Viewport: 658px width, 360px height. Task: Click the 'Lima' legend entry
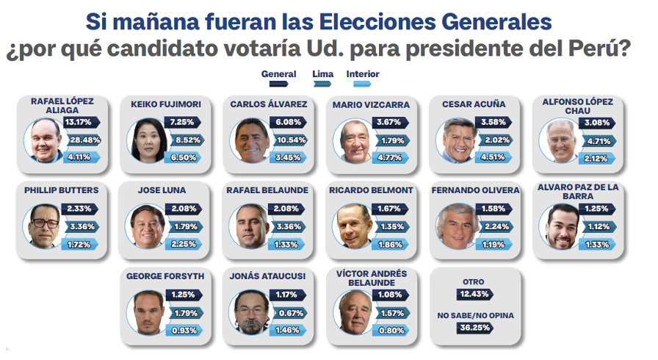(x=322, y=74)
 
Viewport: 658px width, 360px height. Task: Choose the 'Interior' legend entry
(x=363, y=74)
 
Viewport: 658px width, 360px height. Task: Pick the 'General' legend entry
(x=279, y=74)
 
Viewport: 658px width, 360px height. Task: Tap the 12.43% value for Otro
(x=474, y=294)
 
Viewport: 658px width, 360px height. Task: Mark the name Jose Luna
(x=162, y=190)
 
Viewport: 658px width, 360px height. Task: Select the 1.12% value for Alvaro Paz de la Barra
(x=596, y=226)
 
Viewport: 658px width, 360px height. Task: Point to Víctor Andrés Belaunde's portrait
(x=356, y=312)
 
